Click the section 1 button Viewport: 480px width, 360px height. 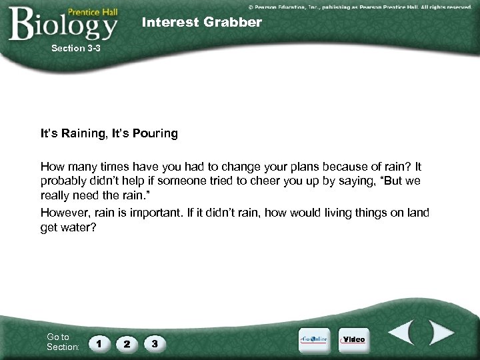(x=99, y=343)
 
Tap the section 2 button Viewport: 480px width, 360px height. (x=127, y=343)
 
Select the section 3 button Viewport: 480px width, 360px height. (x=155, y=343)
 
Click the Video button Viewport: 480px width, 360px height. (x=353, y=339)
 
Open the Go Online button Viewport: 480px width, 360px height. (x=314, y=339)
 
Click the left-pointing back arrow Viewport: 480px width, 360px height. (x=402, y=333)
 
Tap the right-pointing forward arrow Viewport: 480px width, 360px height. (x=441, y=333)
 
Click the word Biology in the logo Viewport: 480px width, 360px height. (x=63, y=25)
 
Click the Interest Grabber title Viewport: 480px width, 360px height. (x=202, y=23)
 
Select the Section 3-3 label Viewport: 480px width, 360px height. (x=76, y=48)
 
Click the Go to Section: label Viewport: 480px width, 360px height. (x=63, y=342)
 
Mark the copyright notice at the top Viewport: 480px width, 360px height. (x=360, y=6)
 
